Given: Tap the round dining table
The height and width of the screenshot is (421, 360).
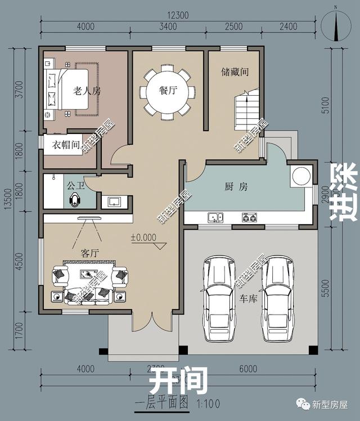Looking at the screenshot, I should (x=168, y=92).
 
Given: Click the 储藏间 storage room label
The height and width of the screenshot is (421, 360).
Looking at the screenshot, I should (x=235, y=73).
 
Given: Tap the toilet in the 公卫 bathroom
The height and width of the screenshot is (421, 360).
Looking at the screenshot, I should (x=75, y=200).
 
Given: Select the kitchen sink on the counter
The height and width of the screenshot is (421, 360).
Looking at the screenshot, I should (x=214, y=217).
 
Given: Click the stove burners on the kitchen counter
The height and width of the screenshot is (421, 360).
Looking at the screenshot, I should (x=249, y=217).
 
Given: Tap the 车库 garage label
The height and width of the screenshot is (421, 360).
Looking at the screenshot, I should (x=248, y=298).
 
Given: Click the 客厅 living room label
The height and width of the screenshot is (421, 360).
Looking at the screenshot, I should (x=89, y=254).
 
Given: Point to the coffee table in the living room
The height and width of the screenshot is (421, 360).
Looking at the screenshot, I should (x=89, y=275).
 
